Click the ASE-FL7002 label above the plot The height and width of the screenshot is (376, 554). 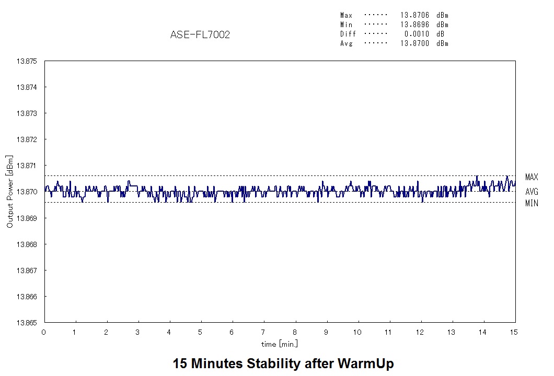(200, 35)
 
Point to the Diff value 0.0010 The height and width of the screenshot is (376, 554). (417, 34)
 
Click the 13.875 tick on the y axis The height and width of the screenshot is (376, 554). (27, 61)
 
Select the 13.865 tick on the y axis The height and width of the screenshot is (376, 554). (27, 323)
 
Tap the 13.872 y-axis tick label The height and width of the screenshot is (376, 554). (27, 139)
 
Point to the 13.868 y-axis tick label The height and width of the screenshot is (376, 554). (27, 244)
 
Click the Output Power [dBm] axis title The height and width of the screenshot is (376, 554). (9, 192)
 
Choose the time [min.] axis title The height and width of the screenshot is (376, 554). (280, 344)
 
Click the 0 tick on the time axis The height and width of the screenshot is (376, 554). (44, 332)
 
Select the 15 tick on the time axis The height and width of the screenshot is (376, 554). (515, 332)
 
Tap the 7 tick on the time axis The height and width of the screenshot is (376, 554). (263, 332)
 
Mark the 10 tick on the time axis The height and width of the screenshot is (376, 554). (357, 332)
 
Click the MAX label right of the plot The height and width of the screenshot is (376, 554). (532, 178)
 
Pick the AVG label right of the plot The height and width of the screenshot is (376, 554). (532, 192)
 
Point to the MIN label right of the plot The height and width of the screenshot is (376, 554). (532, 204)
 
